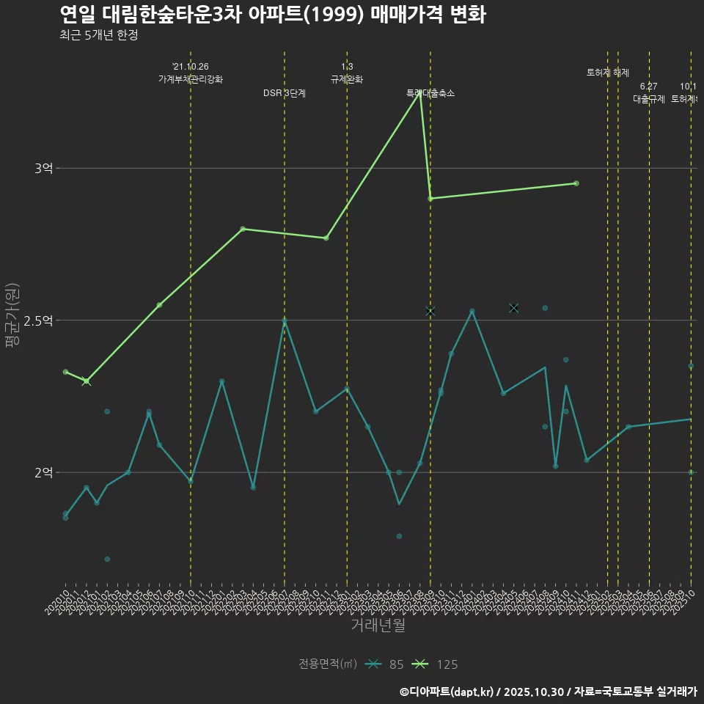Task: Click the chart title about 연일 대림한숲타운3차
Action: point(272,15)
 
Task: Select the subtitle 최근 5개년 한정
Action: point(98,35)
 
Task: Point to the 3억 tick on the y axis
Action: point(43,169)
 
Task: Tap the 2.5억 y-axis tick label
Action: point(38,320)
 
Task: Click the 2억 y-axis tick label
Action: point(43,472)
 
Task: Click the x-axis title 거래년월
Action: point(378,626)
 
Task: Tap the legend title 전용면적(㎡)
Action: point(328,664)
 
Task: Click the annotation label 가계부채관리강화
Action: point(191,79)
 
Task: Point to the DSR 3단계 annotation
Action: point(285,93)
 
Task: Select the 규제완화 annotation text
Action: point(347,79)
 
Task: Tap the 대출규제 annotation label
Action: point(649,99)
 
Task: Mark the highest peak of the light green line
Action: point(419,93)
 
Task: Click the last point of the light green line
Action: point(576,183)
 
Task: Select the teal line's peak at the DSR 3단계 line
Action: point(285,320)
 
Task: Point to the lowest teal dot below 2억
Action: point(107,560)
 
